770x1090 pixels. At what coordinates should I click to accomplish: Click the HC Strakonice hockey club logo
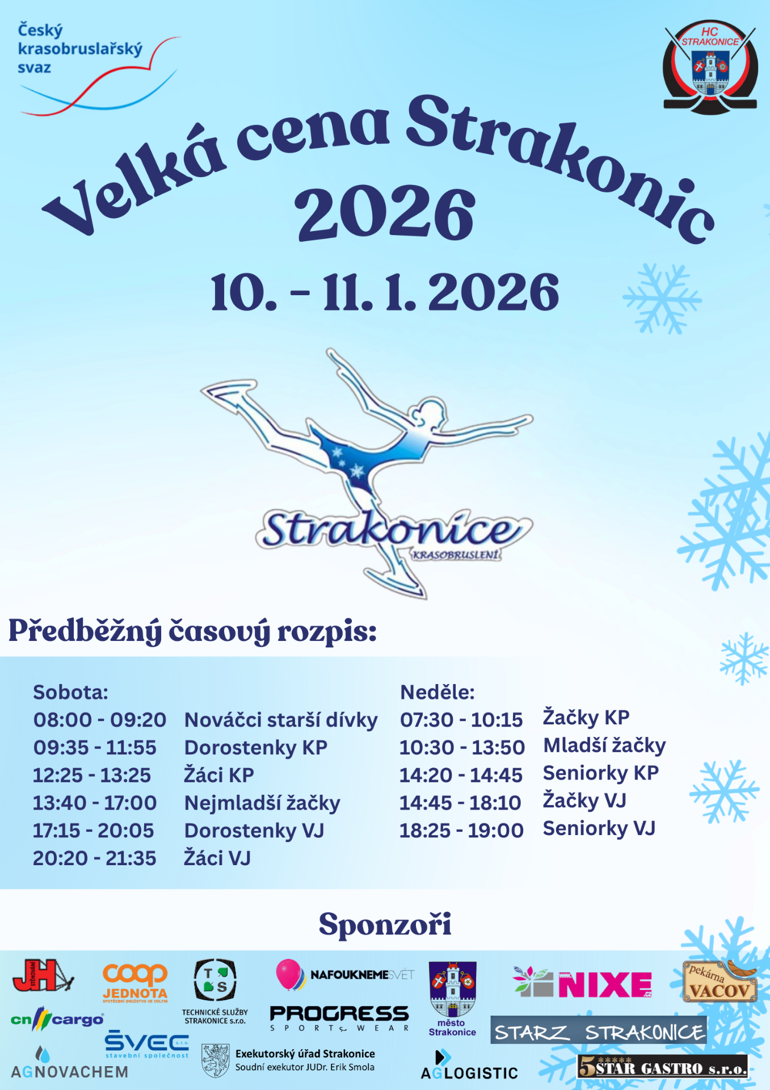(710, 66)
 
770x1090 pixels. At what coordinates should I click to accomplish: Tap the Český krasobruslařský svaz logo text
(80, 49)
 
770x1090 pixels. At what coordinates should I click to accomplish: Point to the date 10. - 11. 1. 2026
(385, 292)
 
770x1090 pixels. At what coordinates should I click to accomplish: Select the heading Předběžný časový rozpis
(193, 631)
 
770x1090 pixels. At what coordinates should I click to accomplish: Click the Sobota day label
(70, 692)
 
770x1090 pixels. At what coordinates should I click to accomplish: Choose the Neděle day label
(437, 692)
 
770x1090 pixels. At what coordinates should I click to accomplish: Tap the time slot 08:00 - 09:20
(100, 720)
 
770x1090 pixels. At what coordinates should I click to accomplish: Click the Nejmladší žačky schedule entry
(262, 803)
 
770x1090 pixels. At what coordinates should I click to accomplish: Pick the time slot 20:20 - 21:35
(94, 858)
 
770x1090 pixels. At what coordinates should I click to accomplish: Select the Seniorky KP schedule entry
(601, 773)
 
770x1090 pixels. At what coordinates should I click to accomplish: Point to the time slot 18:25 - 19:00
(461, 831)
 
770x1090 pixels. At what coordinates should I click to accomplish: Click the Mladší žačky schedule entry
(605, 745)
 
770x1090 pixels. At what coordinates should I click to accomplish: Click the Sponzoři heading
(385, 925)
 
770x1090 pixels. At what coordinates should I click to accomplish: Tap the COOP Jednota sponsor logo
(135, 982)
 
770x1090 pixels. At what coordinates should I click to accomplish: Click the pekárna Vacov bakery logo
(720, 982)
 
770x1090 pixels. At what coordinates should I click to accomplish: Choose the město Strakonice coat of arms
(452, 990)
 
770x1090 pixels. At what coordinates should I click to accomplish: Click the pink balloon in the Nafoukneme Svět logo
(289, 974)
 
